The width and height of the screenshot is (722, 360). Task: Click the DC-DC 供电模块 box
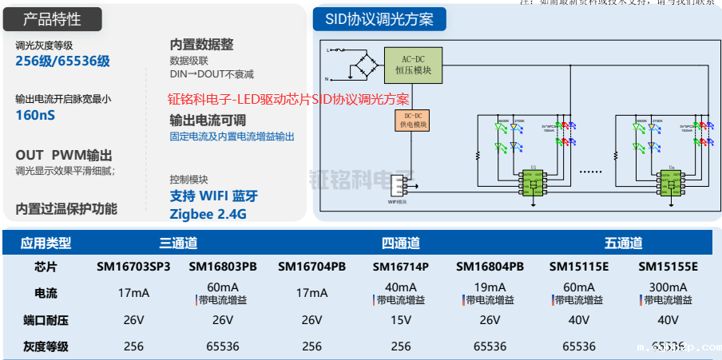[x=412, y=121]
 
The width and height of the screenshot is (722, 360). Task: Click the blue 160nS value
[x=35, y=115]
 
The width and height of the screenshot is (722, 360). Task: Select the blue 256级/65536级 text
[x=62, y=61]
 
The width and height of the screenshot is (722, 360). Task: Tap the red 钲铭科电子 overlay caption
[x=288, y=99]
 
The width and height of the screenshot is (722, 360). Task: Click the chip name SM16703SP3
[x=133, y=266]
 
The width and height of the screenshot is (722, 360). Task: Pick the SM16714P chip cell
[x=401, y=266]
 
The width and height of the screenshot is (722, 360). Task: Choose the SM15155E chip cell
[x=668, y=266]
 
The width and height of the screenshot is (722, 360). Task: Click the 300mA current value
[x=668, y=287]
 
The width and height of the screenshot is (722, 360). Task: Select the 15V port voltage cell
[x=401, y=320]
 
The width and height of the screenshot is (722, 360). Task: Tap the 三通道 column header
[x=178, y=243]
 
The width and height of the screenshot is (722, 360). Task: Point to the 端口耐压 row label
[x=46, y=320]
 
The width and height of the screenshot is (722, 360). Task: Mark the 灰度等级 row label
[x=46, y=346]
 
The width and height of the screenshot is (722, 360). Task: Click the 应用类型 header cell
[x=46, y=243]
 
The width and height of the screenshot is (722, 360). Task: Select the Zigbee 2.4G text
[x=208, y=214]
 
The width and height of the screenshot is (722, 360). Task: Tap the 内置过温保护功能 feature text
[x=66, y=208]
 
